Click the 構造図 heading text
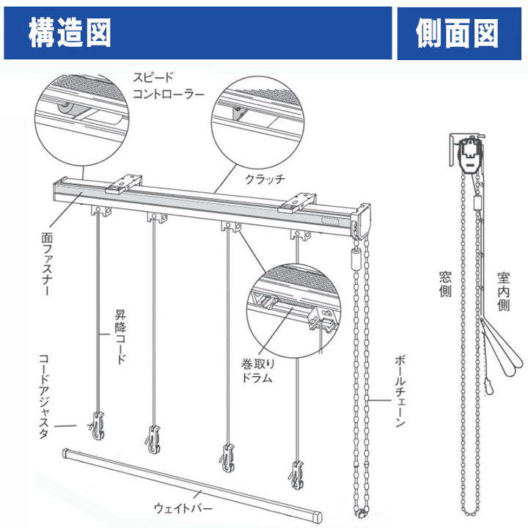(70, 33)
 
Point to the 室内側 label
(503, 292)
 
